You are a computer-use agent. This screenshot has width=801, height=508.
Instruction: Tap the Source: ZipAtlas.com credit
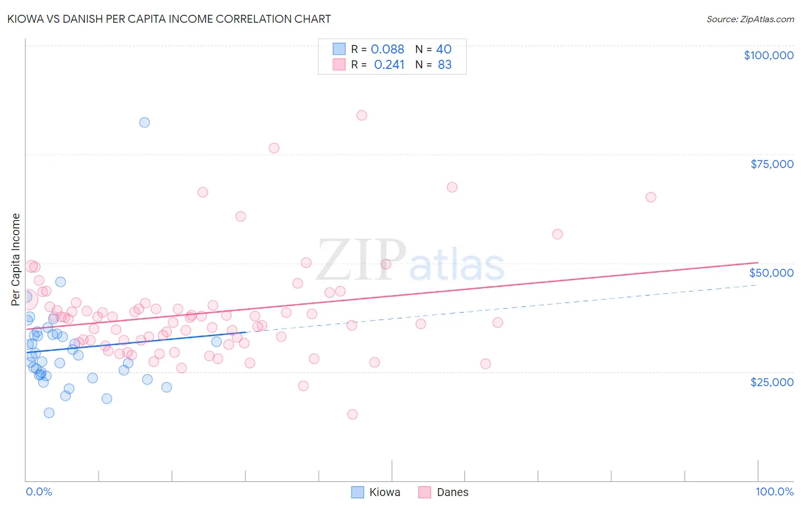(750, 19)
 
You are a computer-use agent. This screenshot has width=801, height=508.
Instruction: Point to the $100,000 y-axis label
(768, 55)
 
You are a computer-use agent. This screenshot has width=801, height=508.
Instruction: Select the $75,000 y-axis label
(771, 164)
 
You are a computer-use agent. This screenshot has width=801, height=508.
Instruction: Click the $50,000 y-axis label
(771, 273)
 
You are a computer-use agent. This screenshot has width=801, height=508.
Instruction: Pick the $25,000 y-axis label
(771, 382)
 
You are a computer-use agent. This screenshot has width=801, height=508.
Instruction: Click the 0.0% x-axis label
(39, 491)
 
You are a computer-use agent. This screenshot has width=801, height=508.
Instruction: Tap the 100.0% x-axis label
(774, 491)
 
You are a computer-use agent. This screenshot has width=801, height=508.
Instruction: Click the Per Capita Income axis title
(16, 259)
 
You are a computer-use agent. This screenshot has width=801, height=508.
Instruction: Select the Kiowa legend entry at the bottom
(385, 492)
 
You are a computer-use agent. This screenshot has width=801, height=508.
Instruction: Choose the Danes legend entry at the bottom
(452, 492)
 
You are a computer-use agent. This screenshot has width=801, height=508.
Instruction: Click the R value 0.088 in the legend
(387, 50)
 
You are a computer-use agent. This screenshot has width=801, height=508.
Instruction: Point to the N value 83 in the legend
(444, 65)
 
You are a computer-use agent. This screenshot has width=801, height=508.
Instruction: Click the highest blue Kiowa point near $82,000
(145, 122)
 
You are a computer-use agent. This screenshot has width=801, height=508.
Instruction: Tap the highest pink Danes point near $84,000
(362, 115)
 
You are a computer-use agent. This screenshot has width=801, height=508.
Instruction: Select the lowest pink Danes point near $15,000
(353, 414)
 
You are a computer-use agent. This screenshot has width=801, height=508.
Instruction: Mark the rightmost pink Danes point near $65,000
(651, 197)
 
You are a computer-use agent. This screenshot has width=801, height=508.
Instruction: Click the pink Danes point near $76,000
(274, 148)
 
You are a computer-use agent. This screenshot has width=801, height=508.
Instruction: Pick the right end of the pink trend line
(757, 263)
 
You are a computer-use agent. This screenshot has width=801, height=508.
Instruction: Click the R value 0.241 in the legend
(389, 65)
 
